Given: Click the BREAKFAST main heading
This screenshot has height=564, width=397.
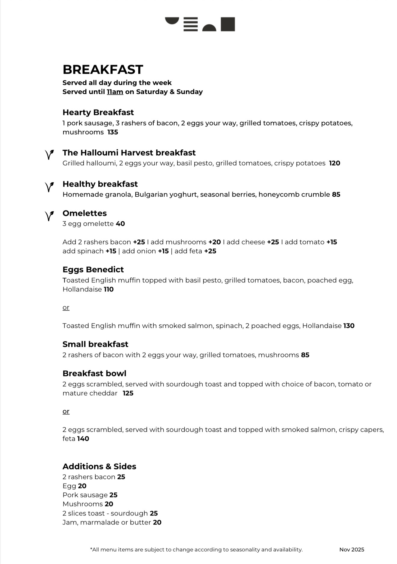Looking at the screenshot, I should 103,70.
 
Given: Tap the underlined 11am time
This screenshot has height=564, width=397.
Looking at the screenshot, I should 115,92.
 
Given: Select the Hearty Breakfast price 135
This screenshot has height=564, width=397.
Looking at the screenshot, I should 113,132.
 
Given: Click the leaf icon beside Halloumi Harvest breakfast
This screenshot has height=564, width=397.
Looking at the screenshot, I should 49,154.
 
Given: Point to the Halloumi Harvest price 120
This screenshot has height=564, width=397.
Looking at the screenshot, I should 334,163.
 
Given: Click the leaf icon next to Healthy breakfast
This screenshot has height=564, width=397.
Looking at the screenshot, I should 49,187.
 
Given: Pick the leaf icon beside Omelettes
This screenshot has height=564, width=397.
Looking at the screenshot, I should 49,216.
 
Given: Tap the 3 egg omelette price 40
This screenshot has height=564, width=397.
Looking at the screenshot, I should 120,224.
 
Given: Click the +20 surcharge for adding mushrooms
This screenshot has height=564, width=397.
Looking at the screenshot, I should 214,242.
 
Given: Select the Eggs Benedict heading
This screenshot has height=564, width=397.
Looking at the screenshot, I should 93,270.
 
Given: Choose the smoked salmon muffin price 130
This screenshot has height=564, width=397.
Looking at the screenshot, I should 349,326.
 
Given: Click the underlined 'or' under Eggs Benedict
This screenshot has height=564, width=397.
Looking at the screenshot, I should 66,307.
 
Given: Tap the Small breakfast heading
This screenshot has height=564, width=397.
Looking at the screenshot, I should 95,344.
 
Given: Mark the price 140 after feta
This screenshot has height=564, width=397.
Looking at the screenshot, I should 83,439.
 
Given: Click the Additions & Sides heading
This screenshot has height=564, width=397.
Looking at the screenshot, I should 99,466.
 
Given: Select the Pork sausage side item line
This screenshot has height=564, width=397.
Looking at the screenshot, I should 90,495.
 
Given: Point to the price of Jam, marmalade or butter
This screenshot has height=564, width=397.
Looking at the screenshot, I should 157,522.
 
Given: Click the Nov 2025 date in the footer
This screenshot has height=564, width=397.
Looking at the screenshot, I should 352,550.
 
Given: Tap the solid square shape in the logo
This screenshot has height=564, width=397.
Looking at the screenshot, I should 228,24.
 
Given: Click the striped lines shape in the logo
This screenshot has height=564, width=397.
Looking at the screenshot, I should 191,24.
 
